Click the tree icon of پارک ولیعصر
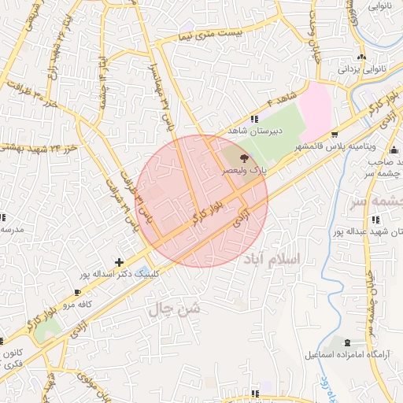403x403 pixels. (x=242, y=158)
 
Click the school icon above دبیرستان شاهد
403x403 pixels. (x=253, y=118)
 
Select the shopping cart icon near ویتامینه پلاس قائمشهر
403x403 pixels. (x=335, y=134)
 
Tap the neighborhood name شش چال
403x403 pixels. (x=173, y=310)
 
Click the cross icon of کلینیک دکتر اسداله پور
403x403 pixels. (x=119, y=262)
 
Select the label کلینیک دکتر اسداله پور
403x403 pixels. (x=118, y=275)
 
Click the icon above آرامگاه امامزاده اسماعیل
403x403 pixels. (x=349, y=342)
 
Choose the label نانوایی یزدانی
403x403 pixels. (x=360, y=68)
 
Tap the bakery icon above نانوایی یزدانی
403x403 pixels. (x=361, y=57)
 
